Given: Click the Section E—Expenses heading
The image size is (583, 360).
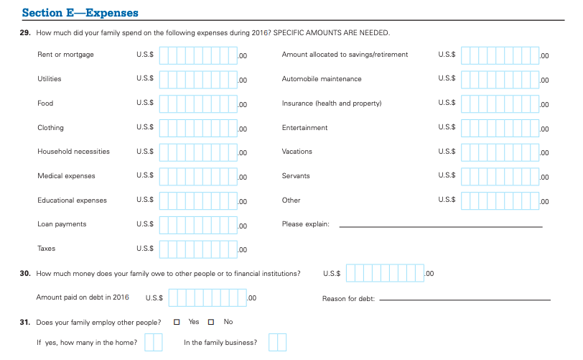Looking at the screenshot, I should click(80, 13).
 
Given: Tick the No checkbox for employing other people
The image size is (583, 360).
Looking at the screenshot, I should click(212, 321).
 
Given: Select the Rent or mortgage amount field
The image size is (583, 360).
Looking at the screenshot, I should click(198, 55).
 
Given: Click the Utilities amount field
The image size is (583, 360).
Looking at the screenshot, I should click(198, 79).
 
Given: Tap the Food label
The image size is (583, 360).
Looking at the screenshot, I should click(45, 103).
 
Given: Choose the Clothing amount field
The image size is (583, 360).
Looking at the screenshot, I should click(198, 127).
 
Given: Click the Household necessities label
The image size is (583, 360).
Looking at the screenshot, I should click(73, 152).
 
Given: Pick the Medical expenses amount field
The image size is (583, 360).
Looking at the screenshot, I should click(198, 176).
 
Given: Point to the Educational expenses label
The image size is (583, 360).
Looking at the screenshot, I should click(72, 200).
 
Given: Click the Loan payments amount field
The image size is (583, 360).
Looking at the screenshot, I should click(198, 224).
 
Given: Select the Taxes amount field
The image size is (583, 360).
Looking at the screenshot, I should click(198, 249).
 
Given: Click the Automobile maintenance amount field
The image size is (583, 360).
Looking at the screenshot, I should click(500, 79).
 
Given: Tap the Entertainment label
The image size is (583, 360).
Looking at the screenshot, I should click(304, 128).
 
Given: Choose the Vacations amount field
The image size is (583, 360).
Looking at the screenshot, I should click(500, 152).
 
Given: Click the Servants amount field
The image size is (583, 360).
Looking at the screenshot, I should click(500, 176).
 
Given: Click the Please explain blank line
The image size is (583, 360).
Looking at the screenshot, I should click(440, 226).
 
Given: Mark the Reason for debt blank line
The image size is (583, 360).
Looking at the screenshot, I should click(465, 298).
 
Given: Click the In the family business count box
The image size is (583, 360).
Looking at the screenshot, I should click(277, 343).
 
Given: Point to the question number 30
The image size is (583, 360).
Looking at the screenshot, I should click(25, 273).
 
